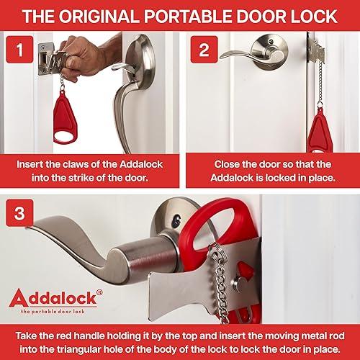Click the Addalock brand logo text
coord(50,296)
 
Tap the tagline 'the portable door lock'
coord(51,310)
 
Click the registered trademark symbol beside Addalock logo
coord(91,289)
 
